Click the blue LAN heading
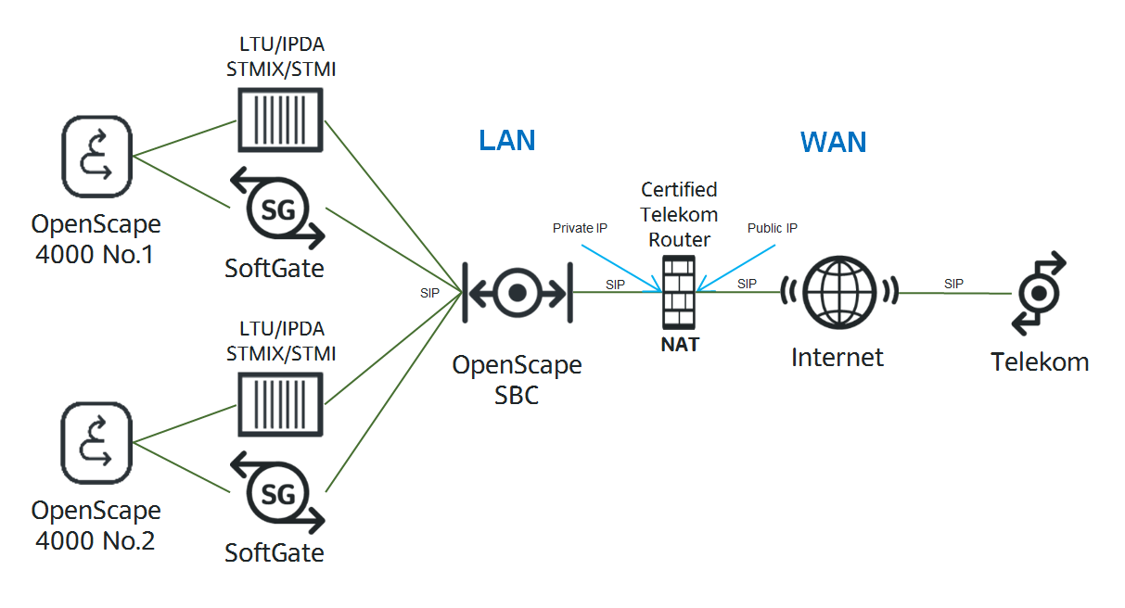(x=506, y=140)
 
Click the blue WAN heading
(x=833, y=142)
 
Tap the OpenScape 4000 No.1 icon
(x=97, y=157)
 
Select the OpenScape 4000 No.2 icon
(x=97, y=443)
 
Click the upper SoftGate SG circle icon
(x=277, y=209)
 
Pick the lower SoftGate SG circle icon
(x=277, y=493)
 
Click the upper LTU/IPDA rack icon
(x=280, y=120)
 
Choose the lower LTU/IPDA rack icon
(x=280, y=405)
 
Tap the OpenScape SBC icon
(x=518, y=293)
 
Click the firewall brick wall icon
(x=679, y=292)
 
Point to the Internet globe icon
(x=839, y=292)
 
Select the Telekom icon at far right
(x=1039, y=293)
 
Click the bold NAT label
(x=680, y=345)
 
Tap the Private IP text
(x=580, y=228)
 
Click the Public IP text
(x=772, y=228)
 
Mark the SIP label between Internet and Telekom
(x=953, y=284)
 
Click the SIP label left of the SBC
(x=429, y=293)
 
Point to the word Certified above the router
(x=679, y=190)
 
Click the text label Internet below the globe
(x=837, y=358)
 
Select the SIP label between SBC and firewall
(x=615, y=285)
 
